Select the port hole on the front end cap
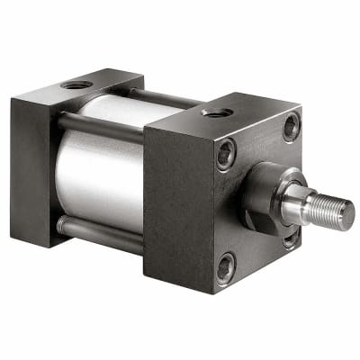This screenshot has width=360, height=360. click(216, 112)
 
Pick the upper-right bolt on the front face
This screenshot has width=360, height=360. click(290, 127)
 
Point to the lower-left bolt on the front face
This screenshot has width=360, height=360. click(225, 266)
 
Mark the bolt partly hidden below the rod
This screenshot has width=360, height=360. click(290, 238)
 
